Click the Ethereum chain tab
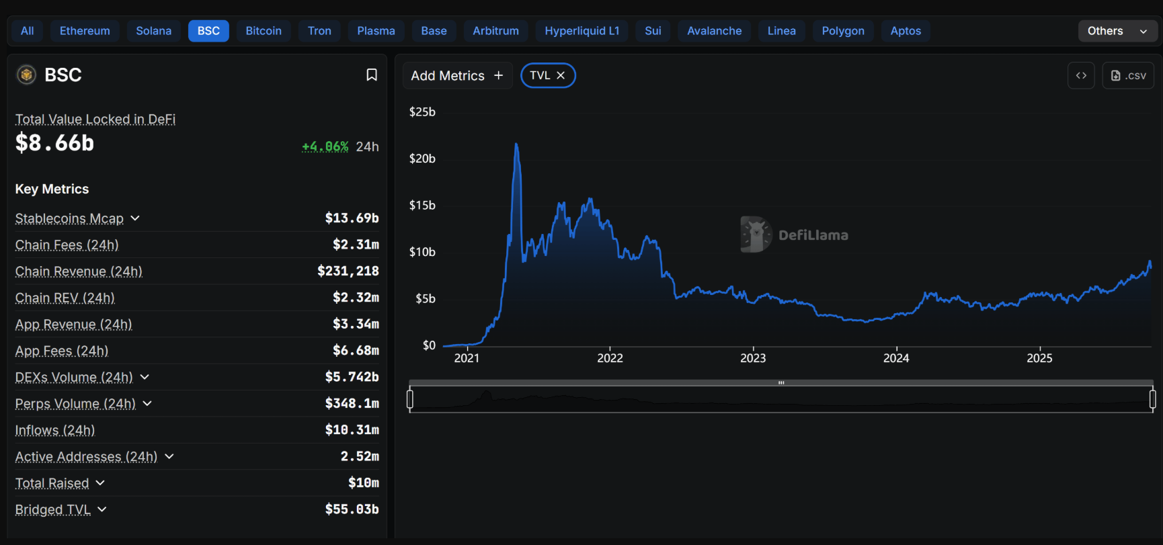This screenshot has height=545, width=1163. (85, 31)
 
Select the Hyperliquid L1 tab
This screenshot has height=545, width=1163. (581, 31)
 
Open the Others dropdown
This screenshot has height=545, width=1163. (1117, 31)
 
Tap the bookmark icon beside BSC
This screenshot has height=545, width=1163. (371, 75)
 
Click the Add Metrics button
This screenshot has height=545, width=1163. (457, 75)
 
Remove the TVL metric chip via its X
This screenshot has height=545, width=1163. (561, 75)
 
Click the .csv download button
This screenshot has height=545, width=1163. (1128, 75)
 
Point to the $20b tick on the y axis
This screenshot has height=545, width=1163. (422, 159)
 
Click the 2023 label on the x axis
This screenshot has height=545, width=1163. (753, 358)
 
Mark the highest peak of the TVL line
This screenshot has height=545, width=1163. (516, 144)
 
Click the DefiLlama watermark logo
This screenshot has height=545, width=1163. (756, 235)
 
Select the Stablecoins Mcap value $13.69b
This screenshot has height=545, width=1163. (352, 218)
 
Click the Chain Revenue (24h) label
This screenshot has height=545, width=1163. (79, 271)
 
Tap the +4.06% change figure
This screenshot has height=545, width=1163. (325, 146)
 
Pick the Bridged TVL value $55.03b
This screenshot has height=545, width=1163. (352, 509)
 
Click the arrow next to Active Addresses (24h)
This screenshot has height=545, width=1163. (169, 456)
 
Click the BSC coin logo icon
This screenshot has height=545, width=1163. (26, 75)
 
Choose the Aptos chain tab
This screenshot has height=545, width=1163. (906, 31)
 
